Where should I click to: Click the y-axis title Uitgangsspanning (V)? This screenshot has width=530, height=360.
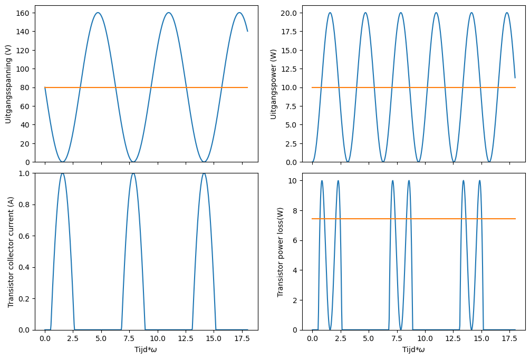(x=8, y=84)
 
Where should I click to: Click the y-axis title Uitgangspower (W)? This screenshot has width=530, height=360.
(x=274, y=84)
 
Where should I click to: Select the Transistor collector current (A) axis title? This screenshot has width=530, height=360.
(x=11, y=252)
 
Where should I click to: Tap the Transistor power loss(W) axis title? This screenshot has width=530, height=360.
(x=281, y=252)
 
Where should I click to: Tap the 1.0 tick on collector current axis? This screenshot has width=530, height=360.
(x=25, y=173)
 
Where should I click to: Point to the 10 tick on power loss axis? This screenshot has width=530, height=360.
(x=294, y=181)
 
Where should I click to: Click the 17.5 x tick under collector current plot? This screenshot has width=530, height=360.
(x=242, y=337)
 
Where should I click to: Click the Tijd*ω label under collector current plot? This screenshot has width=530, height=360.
(x=146, y=349)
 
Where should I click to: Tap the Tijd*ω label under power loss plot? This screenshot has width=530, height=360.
(x=413, y=349)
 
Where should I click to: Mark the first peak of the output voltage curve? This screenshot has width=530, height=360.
(x=98, y=13)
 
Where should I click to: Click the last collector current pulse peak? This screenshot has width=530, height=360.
(x=204, y=173)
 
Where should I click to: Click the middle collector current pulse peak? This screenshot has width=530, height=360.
(x=133, y=173)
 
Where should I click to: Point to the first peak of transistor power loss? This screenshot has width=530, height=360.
(x=322, y=181)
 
